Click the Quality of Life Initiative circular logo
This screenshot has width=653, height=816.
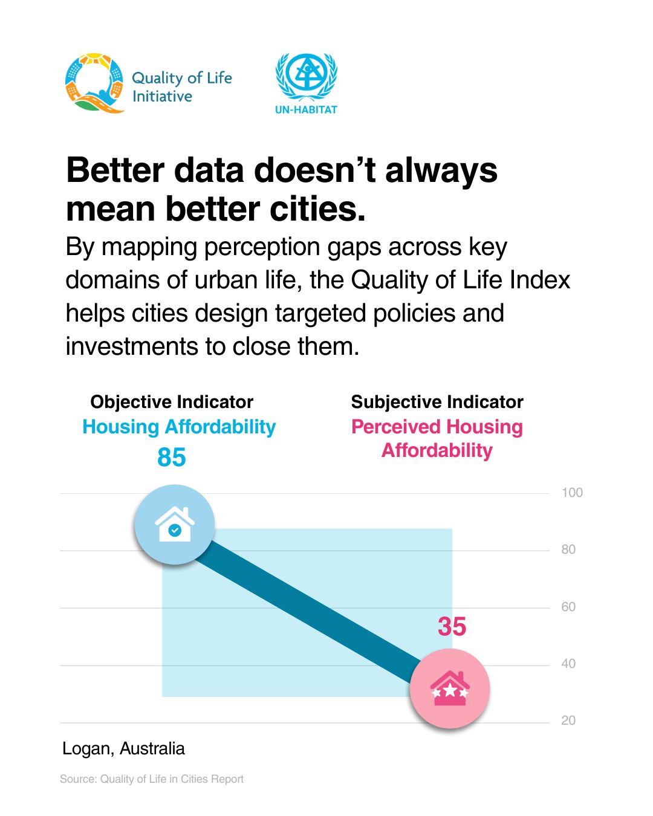pyautogui.click(x=94, y=83)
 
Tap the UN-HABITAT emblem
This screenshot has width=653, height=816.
pyautogui.click(x=306, y=77)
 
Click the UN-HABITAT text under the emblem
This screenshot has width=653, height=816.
pyautogui.click(x=306, y=109)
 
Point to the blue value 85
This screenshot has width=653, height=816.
pyautogui.click(x=172, y=457)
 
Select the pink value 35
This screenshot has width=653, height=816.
pyautogui.click(x=452, y=626)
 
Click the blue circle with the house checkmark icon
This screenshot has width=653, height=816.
pyautogui.click(x=175, y=525)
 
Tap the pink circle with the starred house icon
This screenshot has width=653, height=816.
pyautogui.click(x=450, y=688)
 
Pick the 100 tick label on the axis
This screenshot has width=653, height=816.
pyautogui.click(x=572, y=493)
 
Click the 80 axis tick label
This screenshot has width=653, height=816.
pyautogui.click(x=568, y=549)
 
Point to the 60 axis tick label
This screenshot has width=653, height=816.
pyautogui.click(x=568, y=607)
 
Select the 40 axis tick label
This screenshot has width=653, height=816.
pyautogui.click(x=568, y=664)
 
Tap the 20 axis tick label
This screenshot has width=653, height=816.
pyautogui.click(x=568, y=720)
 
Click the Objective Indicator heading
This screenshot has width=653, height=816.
pyautogui.click(x=172, y=402)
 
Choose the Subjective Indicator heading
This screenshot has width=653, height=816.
pyautogui.click(x=437, y=402)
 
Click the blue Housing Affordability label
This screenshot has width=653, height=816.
pyautogui.click(x=179, y=427)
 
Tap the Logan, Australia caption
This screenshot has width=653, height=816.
pyautogui.click(x=124, y=749)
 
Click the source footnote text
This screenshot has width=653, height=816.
pyautogui.click(x=152, y=779)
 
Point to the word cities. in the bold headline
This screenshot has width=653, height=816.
pyautogui.click(x=317, y=209)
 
